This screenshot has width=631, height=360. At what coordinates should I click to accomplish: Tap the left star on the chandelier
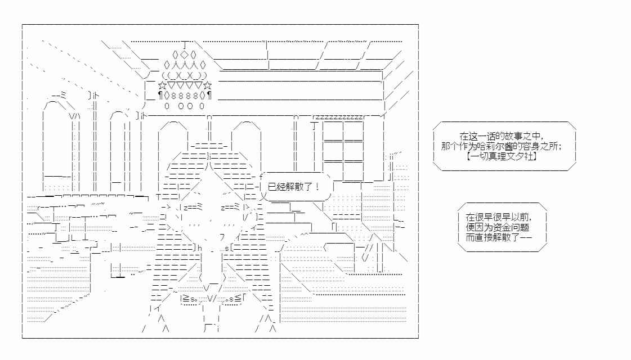click(162, 85)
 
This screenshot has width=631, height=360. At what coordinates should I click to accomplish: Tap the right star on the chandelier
click(208, 85)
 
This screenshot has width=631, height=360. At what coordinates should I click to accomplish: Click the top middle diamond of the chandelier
click(184, 55)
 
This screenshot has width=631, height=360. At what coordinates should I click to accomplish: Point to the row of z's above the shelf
click(338, 117)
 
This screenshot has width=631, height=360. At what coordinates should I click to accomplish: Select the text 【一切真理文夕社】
click(502, 156)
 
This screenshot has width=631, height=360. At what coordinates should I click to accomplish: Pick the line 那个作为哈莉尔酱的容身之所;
click(502, 146)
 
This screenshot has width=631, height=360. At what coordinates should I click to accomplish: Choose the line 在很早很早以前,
click(499, 217)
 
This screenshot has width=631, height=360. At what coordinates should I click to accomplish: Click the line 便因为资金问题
click(498, 227)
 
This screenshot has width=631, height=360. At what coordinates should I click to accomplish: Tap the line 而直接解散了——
click(499, 237)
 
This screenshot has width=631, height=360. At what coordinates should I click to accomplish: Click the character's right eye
click(231, 207)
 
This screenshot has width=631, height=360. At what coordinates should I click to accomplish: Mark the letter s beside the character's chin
click(227, 248)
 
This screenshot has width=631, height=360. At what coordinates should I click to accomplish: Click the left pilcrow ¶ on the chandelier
click(160, 96)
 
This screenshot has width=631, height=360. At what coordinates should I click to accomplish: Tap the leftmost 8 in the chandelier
click(174, 96)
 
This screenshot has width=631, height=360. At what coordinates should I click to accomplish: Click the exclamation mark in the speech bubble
click(318, 186)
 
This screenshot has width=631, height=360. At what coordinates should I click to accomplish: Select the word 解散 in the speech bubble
click(294, 187)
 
